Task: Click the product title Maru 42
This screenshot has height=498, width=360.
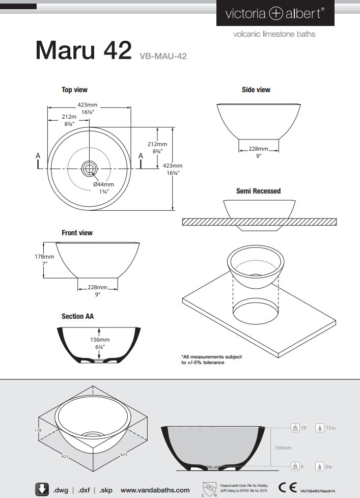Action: coord(84,50)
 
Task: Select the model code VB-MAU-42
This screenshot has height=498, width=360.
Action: coord(163,57)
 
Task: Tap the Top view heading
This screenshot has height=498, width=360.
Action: coord(74,90)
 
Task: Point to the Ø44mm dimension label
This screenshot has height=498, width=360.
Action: coord(103,184)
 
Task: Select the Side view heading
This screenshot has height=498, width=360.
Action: coord(256,90)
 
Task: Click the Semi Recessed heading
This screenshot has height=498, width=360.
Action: coord(258,191)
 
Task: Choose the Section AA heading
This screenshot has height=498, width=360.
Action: coord(77,316)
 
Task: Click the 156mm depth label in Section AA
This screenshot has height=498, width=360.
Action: coord(100,340)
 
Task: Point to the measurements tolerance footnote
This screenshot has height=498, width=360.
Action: coord(211,359)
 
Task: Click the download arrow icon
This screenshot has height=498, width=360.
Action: coord(42,489)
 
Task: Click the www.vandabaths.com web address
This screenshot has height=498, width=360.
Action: coord(155,490)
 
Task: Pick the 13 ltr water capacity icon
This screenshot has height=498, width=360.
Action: coord(320,428)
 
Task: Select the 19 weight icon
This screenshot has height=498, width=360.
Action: coord(294,428)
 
